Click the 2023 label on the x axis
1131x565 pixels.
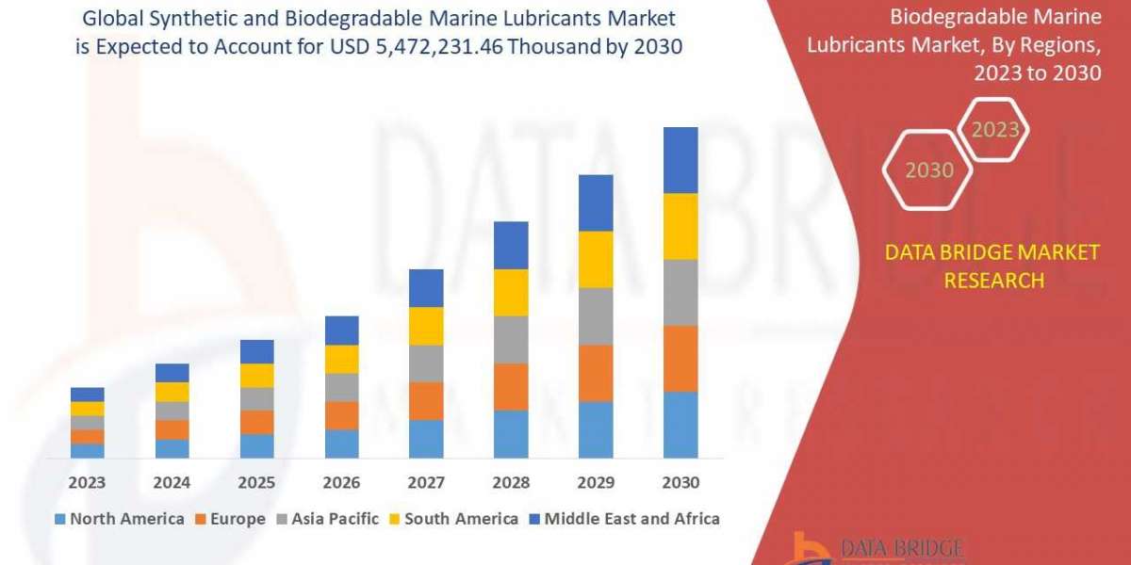pyautogui.click(x=87, y=483)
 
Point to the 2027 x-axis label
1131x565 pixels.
pyautogui.click(x=426, y=483)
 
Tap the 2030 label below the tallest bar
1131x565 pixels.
pyautogui.click(x=680, y=483)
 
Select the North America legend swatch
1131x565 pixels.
pyautogui.click(x=60, y=519)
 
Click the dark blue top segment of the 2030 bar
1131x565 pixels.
pyautogui.click(x=680, y=160)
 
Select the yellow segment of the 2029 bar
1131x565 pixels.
pyautogui.click(x=596, y=259)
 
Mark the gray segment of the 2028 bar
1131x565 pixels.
pyautogui.click(x=511, y=340)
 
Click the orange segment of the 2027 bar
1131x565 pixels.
pyautogui.click(x=426, y=401)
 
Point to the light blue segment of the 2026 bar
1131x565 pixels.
pyautogui.click(x=341, y=444)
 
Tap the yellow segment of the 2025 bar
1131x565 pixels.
pyautogui.click(x=256, y=376)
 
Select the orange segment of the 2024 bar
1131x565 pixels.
pyautogui.click(x=172, y=429)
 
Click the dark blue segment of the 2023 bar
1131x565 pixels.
pyautogui.click(x=87, y=395)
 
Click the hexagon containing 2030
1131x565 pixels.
pyautogui.click(x=929, y=170)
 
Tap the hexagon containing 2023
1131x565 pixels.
pyautogui.click(x=995, y=130)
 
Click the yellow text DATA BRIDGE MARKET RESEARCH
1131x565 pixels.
pyautogui.click(x=993, y=266)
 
